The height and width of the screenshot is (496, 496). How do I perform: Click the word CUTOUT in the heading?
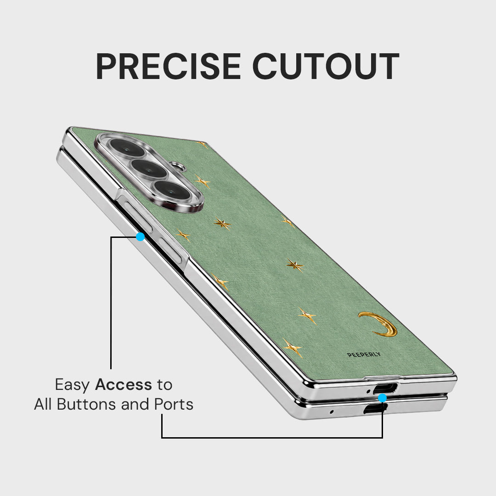coord(326,66)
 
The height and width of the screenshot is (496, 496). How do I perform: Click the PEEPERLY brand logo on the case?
coord(364,355)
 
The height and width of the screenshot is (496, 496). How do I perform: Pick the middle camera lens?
coord(148,169)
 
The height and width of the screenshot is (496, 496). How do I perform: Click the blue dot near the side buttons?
coord(140,237)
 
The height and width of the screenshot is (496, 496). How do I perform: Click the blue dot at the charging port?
coord(383,398)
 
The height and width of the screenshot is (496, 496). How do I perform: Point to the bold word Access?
coord(124,385)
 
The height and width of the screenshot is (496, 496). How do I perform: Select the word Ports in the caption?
coord(174,404)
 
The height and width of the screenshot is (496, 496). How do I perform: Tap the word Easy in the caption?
coord(73,385)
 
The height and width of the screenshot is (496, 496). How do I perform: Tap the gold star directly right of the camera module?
coord(203,182)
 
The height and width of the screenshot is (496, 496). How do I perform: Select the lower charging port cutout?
coord(375,409)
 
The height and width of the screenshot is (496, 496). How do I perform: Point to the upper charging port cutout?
coord(385,388)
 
